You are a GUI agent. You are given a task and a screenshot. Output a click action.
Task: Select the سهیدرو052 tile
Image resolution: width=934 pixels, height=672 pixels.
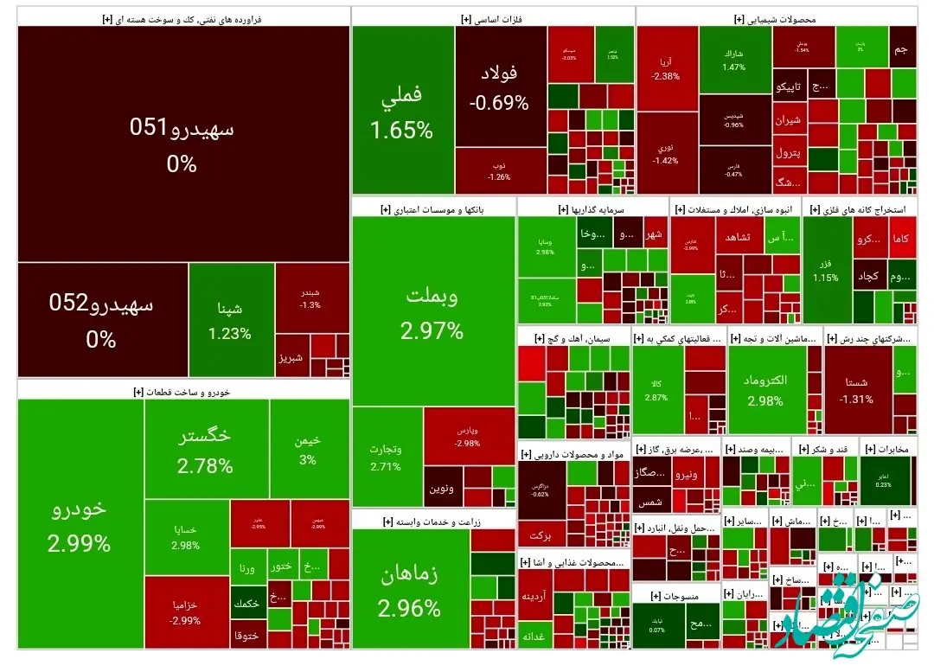tap(102, 319)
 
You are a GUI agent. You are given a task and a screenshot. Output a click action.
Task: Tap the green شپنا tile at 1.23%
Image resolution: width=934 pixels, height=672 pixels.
tap(230, 319)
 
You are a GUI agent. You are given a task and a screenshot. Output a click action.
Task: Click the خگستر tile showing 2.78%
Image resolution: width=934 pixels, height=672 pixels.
tap(206, 450)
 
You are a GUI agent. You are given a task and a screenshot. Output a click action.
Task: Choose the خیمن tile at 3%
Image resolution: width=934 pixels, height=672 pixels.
tap(308, 449)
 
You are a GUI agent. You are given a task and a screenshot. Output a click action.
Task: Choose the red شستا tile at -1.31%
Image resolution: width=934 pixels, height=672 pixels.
tap(857, 389)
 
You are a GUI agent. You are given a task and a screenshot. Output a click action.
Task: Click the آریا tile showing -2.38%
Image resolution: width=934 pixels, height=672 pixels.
tap(666, 69)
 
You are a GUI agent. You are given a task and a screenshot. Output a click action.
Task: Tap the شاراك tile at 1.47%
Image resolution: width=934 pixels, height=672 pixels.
tap(733, 60)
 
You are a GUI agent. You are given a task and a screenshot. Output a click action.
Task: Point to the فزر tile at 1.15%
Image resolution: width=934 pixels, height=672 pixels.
tap(826, 268)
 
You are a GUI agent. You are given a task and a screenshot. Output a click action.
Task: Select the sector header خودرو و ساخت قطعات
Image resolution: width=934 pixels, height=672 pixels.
tap(182, 392)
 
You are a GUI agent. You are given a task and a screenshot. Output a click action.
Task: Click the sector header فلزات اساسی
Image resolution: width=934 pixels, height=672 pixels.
tap(492, 18)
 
